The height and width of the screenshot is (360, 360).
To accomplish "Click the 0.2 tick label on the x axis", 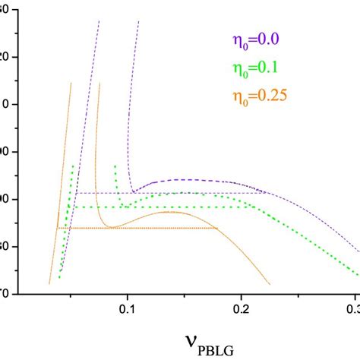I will tap(242, 310).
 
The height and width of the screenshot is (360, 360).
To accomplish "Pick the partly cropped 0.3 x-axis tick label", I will tap(352, 310).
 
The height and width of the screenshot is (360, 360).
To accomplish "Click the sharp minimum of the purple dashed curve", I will tap(132, 192).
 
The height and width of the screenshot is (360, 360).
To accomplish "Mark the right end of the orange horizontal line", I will tap(218, 228).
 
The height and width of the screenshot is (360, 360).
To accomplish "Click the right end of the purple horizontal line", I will tap(266, 193).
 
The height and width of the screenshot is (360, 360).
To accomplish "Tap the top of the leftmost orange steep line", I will tap(71, 83).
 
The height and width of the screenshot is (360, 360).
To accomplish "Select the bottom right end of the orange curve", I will tap(270, 285).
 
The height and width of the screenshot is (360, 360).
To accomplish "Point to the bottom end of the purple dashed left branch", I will tap(60, 271).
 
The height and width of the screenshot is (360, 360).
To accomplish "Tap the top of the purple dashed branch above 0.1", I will tap(138, 23).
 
